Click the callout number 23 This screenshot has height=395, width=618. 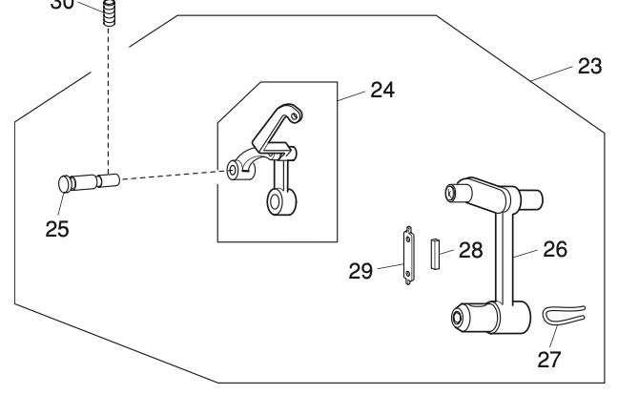coord(590,67)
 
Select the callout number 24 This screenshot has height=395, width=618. coord(381,91)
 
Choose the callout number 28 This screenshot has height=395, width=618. coord(470,250)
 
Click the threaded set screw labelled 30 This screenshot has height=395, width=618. coord(109,14)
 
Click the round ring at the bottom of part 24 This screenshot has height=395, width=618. coord(279,203)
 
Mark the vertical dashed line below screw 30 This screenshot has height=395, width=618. coord(109,95)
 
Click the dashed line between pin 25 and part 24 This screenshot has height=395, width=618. coord(172,175)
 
